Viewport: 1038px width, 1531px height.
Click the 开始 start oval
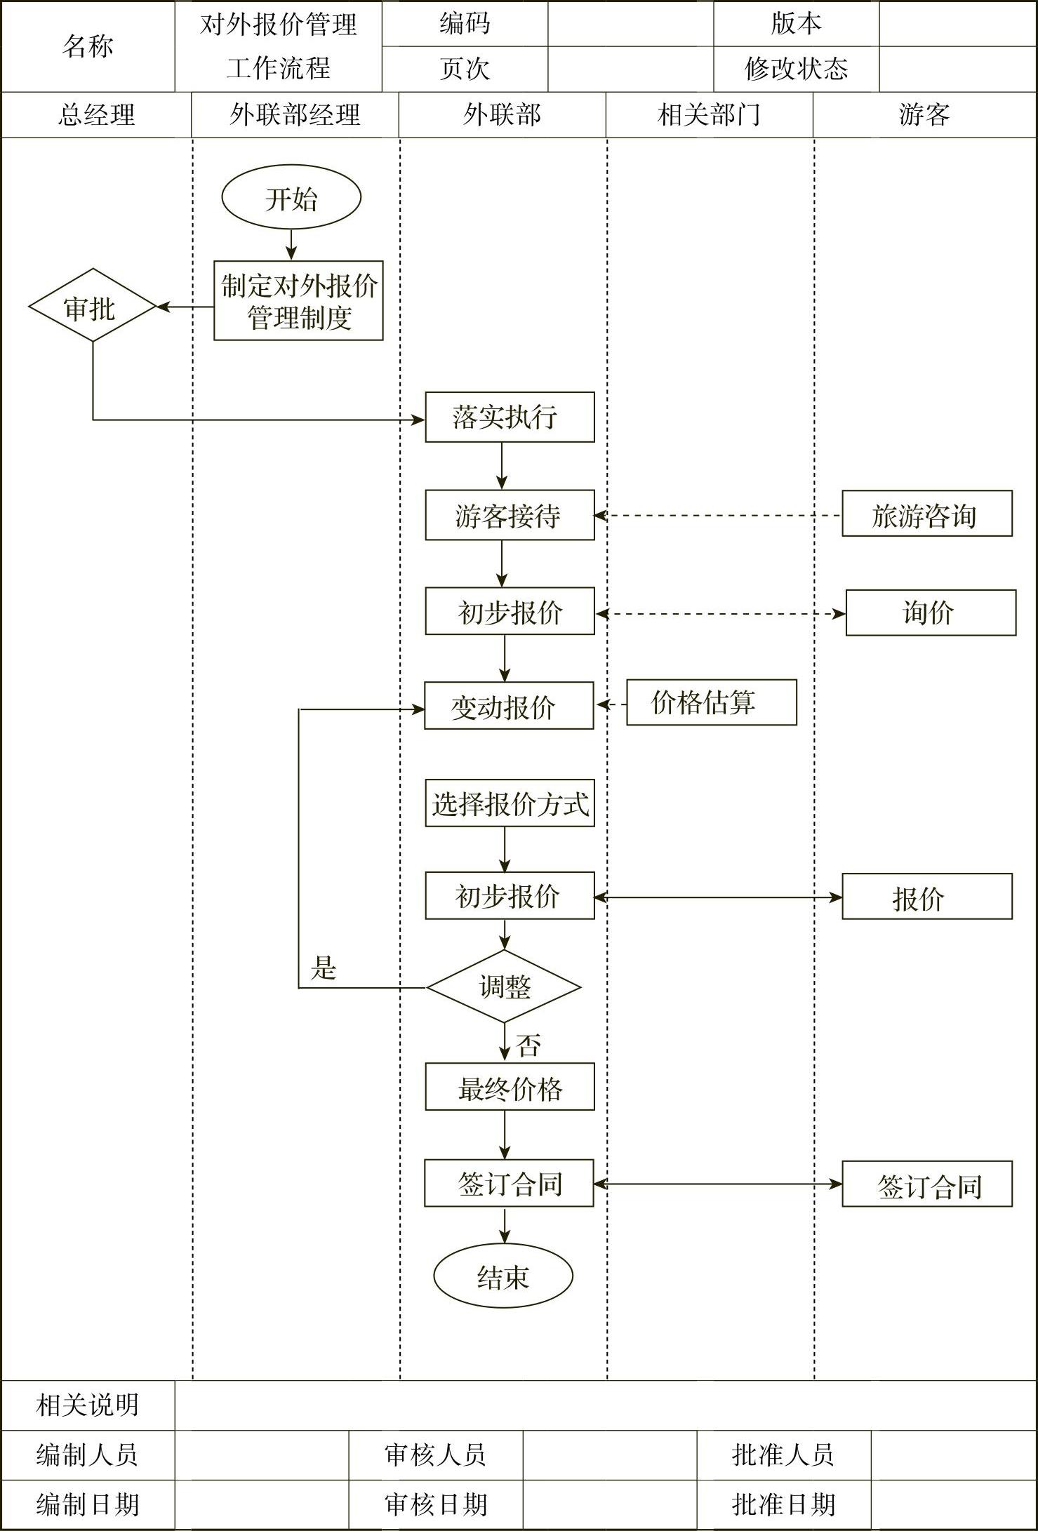pos(291,198)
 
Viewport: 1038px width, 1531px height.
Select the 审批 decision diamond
pos(92,307)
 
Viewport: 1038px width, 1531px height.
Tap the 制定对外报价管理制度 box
pos(298,301)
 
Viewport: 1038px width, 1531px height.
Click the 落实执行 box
pos(510,417)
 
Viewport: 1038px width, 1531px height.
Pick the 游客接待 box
pos(510,516)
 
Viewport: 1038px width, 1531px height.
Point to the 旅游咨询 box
pos(926,514)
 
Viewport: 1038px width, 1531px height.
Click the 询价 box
pos(931,613)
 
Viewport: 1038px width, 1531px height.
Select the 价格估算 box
pos(711,702)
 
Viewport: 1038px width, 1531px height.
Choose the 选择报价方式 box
pos(510,803)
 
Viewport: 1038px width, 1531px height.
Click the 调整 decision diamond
pos(504,987)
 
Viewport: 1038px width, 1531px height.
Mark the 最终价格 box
pos(510,1087)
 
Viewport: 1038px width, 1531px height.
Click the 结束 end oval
pos(503,1276)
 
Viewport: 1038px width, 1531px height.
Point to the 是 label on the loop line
pos(324,969)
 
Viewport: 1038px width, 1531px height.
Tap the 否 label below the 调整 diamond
pos(528,1045)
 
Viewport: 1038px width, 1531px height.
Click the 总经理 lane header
pos(96,115)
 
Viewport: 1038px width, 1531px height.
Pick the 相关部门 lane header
pos(710,115)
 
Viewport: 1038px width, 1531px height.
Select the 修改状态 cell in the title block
pos(796,69)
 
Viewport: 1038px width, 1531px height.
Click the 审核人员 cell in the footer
pos(435,1455)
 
